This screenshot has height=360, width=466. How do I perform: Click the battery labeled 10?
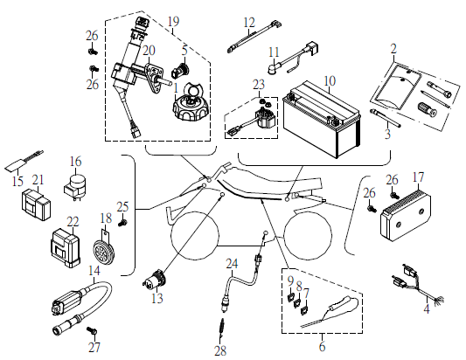322,120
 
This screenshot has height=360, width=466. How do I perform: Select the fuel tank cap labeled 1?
191,104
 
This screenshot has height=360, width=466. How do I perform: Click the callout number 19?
174,21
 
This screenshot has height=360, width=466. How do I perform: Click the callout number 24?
232,264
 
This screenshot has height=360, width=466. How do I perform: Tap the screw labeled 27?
92,330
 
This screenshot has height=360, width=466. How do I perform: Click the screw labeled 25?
122,223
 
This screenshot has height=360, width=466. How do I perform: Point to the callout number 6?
322,347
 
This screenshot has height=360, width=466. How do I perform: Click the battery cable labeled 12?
254,36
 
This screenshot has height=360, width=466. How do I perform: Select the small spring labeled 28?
221,329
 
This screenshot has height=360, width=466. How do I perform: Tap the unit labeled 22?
66,248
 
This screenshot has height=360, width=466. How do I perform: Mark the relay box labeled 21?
36,205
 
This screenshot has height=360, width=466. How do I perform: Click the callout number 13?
157,298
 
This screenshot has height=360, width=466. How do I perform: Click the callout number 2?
393,49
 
